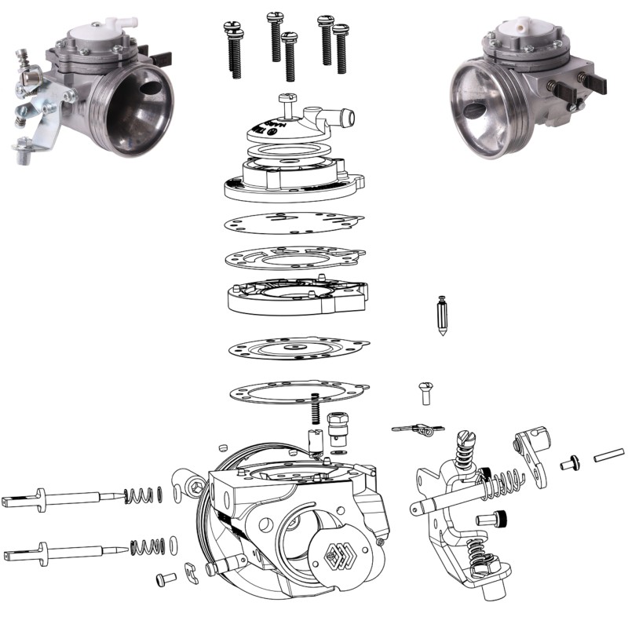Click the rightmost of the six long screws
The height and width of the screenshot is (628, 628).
341,49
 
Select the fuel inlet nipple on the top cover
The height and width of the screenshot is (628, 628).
344,118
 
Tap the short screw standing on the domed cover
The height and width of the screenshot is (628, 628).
285,100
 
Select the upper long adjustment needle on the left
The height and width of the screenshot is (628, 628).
63,496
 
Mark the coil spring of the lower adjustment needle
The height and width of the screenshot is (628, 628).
146,546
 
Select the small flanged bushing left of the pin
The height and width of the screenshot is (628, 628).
569,465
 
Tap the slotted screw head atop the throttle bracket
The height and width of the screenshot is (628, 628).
464,436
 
